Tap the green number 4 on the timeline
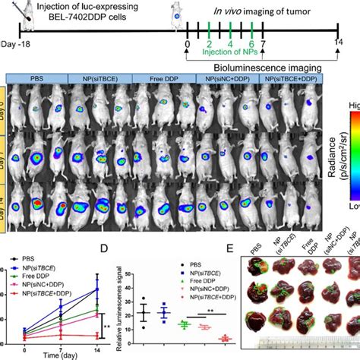point(230,46)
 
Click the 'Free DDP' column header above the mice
point(155,78)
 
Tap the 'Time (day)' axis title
point(60,355)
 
